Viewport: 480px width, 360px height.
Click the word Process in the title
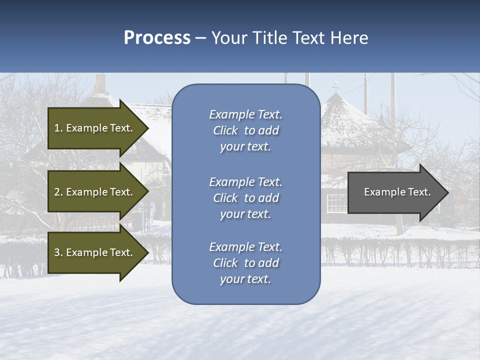157,38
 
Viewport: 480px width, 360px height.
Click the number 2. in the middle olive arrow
58,192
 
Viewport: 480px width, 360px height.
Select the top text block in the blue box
245,130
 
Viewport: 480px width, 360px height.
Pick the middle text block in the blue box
245,198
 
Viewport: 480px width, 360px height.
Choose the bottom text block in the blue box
245,263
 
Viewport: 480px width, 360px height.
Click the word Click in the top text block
225,130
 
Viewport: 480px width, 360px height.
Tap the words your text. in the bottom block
245,279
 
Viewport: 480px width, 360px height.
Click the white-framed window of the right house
336,202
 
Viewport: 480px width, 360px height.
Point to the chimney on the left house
100,84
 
